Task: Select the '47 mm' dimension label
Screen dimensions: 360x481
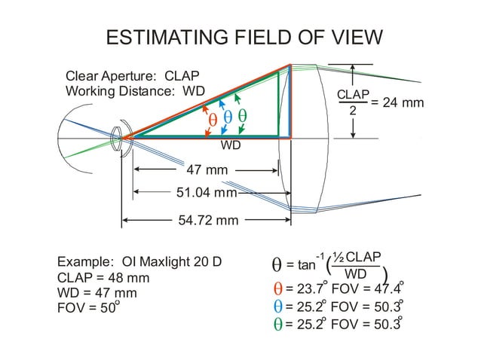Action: coord(207,170)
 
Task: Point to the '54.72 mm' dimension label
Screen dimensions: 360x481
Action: coord(208,221)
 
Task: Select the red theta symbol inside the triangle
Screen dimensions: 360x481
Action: coord(212,119)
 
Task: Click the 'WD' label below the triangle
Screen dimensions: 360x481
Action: coord(231,145)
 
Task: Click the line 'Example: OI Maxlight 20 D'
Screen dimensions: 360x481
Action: coord(139,263)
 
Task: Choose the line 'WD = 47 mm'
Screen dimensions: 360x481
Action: coord(97,293)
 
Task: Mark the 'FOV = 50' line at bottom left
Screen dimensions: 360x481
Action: coord(88,308)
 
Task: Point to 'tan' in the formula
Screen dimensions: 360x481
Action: coord(306,265)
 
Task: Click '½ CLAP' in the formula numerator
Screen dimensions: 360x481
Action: coord(357,256)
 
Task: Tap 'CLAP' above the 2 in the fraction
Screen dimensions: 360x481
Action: coord(353,94)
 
